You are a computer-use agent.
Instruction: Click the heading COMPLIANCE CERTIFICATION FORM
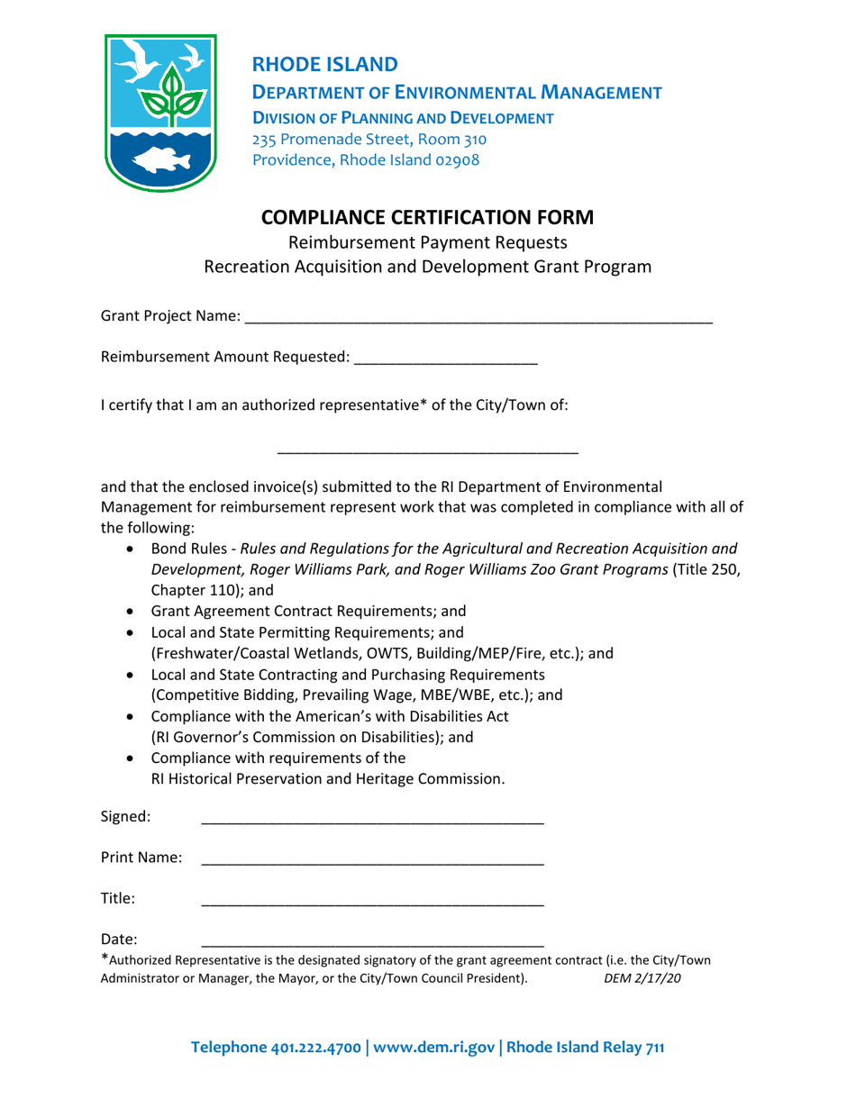point(427,218)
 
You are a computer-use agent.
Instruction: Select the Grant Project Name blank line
point(478,317)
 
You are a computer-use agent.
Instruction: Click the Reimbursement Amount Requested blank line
point(446,359)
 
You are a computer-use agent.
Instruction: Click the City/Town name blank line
point(427,448)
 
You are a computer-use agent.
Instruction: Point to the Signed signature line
point(372,818)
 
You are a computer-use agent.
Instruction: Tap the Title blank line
point(372,899)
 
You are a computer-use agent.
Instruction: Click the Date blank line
point(372,940)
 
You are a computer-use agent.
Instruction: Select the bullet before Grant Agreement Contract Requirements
point(133,611)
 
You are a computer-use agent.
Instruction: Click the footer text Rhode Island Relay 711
point(586,1048)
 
